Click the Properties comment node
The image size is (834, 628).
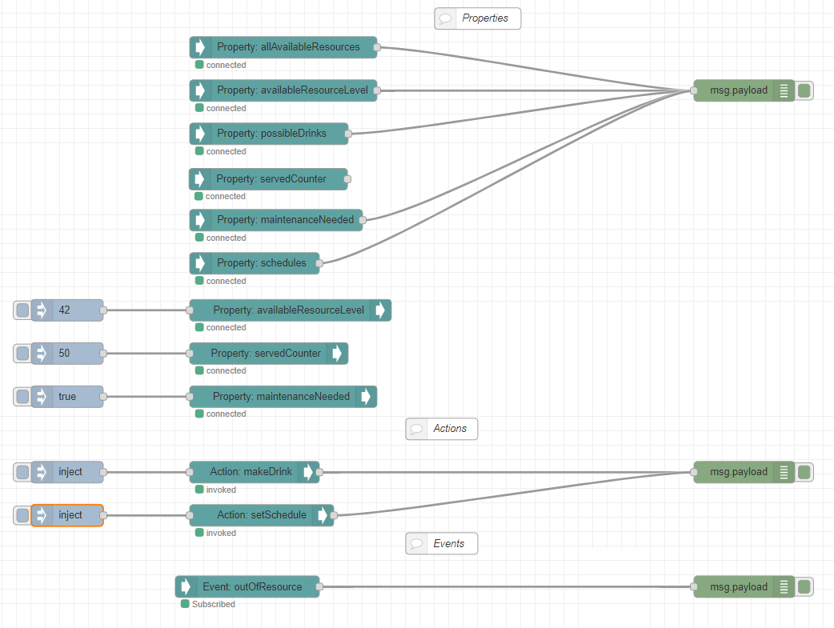point(478,18)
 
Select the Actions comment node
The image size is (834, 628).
point(442,429)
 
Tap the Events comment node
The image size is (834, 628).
point(442,544)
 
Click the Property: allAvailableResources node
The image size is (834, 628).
point(283,47)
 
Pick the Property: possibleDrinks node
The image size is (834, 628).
point(269,134)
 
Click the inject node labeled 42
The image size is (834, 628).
point(68,310)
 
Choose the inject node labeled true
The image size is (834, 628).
point(68,397)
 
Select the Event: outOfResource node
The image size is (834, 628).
point(247,587)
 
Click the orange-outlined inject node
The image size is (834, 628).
point(68,515)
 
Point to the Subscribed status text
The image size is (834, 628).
point(213,604)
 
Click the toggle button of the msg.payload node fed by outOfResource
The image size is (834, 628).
point(804,587)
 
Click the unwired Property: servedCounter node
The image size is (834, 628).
point(268,179)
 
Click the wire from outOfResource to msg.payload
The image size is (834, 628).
point(504,587)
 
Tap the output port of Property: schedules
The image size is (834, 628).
point(319,263)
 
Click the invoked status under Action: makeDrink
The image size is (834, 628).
point(220,490)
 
